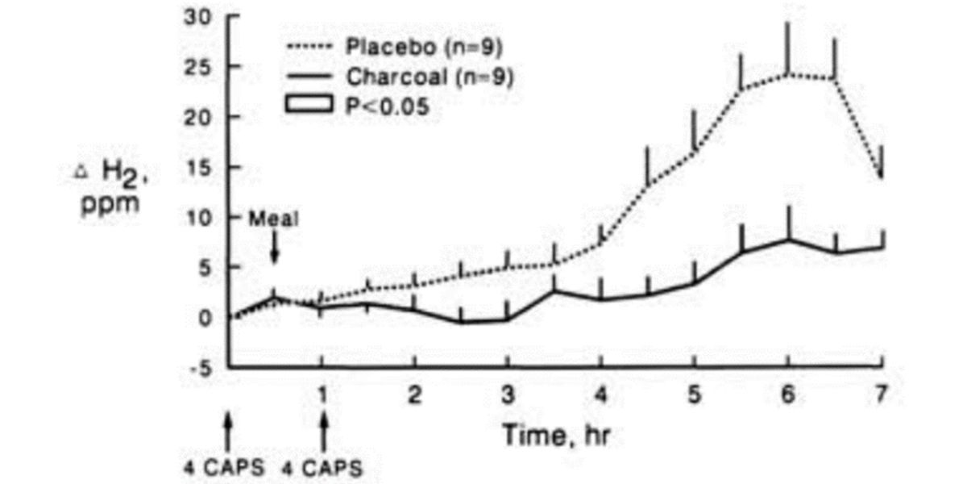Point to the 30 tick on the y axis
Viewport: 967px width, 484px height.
[x=198, y=18]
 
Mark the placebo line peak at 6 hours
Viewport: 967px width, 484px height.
[x=788, y=74]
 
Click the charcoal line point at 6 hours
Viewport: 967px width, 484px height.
[x=788, y=240]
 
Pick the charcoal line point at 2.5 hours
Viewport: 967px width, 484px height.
[x=460, y=322]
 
